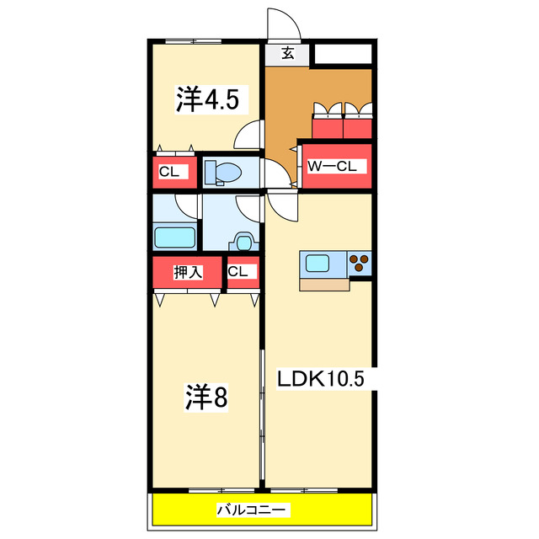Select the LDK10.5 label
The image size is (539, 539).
coord(321,380)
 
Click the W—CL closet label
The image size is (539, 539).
coord(333,167)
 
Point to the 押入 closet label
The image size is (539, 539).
coord(187,272)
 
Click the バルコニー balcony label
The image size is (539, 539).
coord(253,510)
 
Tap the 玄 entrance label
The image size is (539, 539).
coord(287,53)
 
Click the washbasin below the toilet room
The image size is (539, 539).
coord(243,242)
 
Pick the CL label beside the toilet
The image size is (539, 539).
coord(169,172)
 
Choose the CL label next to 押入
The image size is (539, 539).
coord(237,271)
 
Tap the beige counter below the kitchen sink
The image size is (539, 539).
coord(323,284)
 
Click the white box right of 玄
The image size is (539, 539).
coord(342,55)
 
